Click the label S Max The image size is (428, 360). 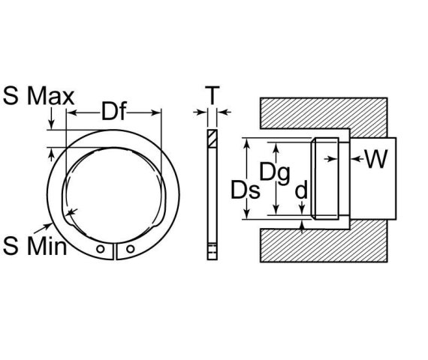point(38,97)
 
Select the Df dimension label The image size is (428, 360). point(113,113)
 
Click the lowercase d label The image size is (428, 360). point(301,191)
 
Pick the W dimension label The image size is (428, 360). point(378,159)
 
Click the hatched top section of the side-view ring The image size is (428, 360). point(212,139)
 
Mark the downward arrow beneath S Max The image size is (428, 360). point(51,124)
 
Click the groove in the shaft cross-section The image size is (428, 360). point(327,178)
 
